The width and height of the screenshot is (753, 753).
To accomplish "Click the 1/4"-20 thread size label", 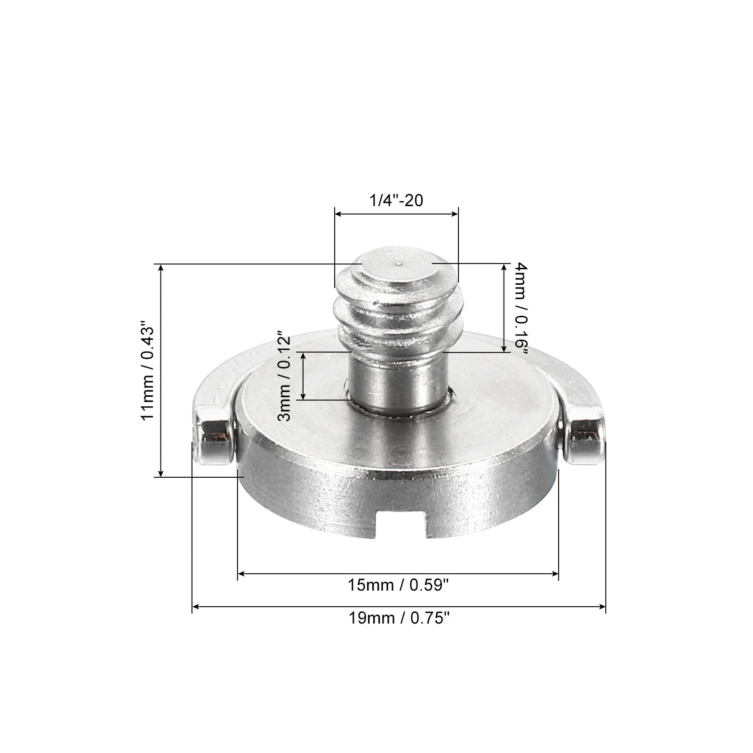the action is tap(396, 201).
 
